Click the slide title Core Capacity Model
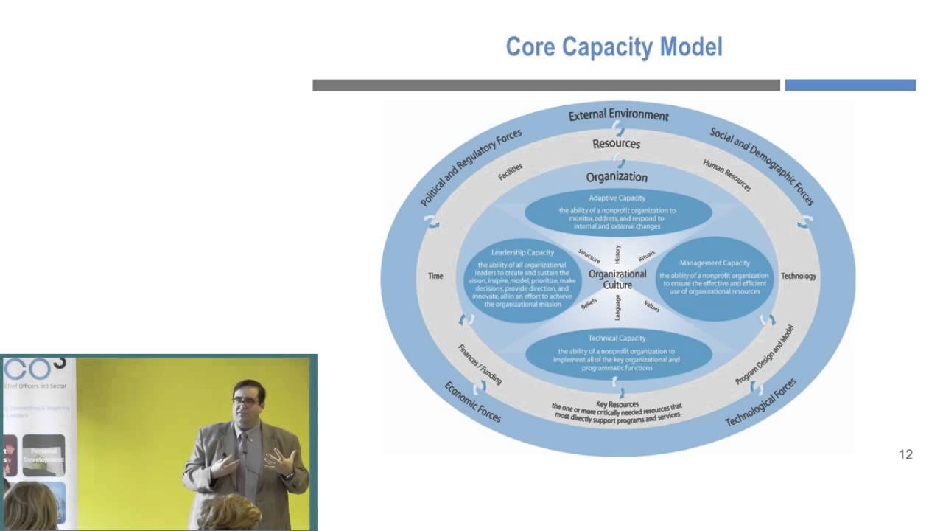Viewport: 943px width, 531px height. coord(614,46)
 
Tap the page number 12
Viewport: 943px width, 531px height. coord(905,455)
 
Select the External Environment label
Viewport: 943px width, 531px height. coord(618,115)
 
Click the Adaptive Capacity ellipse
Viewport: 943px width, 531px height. coord(617,212)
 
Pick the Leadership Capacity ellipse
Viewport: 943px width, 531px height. coord(522,279)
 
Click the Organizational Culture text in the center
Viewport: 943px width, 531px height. coord(617,280)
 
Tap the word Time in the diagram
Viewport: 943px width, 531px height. coord(435,276)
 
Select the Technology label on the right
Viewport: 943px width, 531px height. coord(798,276)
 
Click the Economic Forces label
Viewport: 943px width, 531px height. coord(472,402)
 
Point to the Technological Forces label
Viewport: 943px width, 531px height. coord(761,402)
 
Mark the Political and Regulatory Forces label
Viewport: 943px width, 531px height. coord(471,167)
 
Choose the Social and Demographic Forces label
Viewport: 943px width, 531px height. coord(762,166)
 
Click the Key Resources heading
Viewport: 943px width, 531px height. coord(617,404)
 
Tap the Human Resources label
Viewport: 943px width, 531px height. coord(726,176)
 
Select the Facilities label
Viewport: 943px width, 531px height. coord(510,172)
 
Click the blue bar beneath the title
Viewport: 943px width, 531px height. coord(850,86)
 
